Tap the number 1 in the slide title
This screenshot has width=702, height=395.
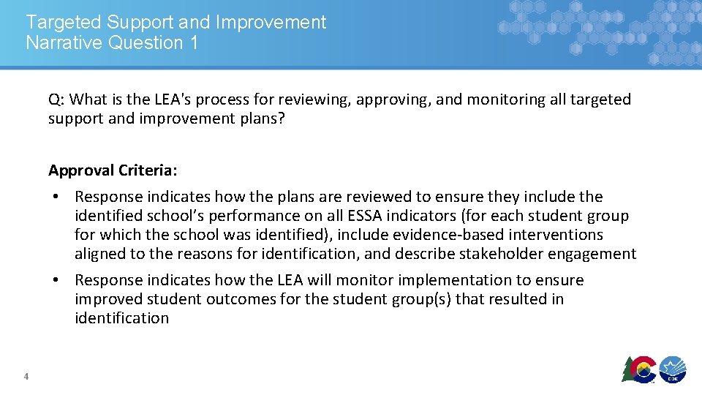tap(193, 42)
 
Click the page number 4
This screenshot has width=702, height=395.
tap(26, 377)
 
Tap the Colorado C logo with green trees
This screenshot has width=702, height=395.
tap(638, 369)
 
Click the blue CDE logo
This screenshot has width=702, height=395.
tap(672, 369)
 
